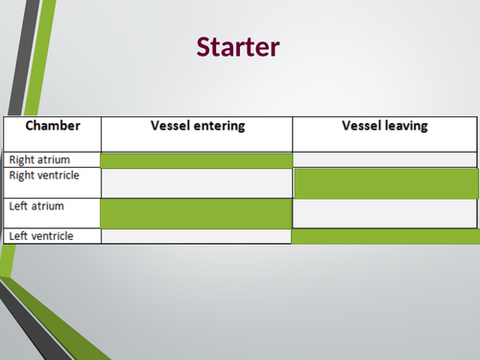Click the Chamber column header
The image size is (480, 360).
52,126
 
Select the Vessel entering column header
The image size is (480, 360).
197,126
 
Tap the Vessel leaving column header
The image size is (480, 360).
384,126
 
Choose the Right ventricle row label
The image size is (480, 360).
43,176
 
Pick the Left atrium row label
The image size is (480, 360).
36,204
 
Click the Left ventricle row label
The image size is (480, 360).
39,235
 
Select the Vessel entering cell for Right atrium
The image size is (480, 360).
196,159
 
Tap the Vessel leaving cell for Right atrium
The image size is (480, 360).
384,159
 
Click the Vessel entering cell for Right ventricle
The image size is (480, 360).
196,182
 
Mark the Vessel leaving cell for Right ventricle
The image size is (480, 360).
385,182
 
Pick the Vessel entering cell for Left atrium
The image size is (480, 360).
196,212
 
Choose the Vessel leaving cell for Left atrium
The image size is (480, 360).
385,212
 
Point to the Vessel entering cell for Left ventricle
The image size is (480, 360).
196,235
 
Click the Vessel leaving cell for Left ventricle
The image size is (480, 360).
385,235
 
